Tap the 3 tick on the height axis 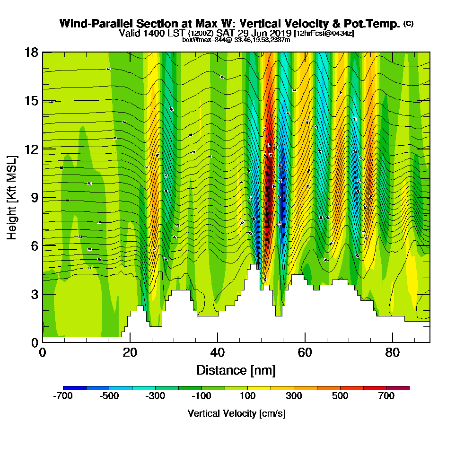click(35, 294)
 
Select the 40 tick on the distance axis click(217, 352)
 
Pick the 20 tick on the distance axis click(130, 352)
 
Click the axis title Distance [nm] click(236, 369)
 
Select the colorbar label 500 click(340, 396)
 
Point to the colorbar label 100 click(248, 396)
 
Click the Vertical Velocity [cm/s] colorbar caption click(236, 413)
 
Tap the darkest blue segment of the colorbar click(75, 388)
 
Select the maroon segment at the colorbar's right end click(398, 388)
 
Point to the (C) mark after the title click(408, 24)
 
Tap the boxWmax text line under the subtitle click(236, 40)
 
